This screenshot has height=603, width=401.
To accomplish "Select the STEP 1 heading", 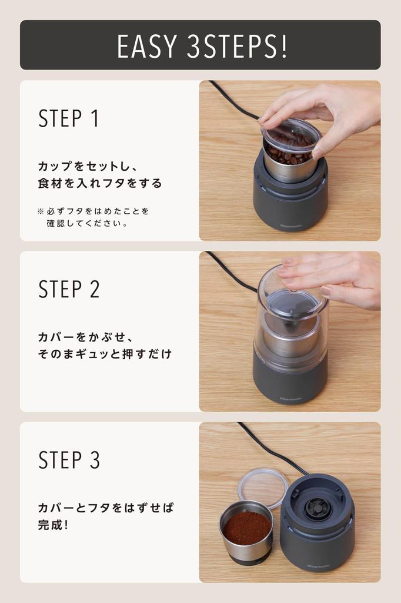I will [x=69, y=118].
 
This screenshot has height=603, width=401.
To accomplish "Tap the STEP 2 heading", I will [x=69, y=289].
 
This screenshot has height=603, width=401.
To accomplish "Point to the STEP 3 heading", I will [x=69, y=460].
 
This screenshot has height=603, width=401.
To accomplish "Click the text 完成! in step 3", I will [x=53, y=524].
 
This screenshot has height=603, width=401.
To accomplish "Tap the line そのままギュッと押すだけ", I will [x=105, y=354].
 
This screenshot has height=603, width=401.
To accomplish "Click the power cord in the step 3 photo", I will [x=270, y=448].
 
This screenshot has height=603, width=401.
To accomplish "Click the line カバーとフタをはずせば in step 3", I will [x=106, y=508].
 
